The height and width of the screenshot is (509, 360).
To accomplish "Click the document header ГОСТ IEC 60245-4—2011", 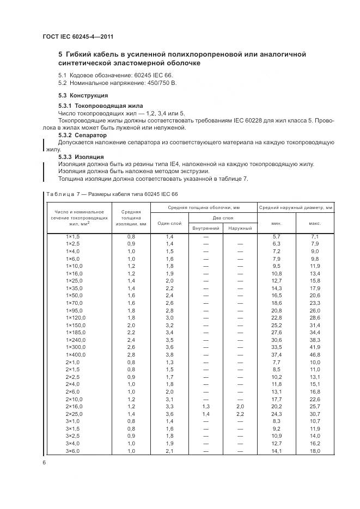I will tap(78, 37).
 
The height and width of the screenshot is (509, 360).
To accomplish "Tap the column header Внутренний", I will tap(206, 228).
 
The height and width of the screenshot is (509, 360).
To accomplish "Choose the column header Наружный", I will tap(239, 228).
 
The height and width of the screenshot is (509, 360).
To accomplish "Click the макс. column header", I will tap(315, 223).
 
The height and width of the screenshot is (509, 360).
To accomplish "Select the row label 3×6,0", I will tap(73, 450).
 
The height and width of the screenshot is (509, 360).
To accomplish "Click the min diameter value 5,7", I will tap(276, 237).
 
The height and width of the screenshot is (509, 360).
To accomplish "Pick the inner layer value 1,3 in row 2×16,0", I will tap(206, 406).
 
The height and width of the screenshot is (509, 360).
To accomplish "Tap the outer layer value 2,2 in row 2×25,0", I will tap(239, 414).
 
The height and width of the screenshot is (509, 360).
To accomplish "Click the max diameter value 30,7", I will tap(315, 414).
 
